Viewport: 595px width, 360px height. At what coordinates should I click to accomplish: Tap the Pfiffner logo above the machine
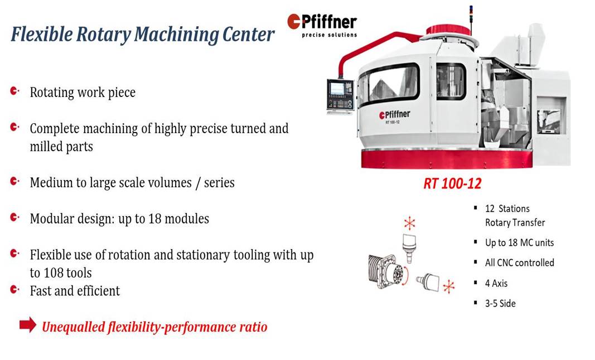[322, 26]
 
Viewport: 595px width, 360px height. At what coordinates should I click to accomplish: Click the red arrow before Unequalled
[28, 325]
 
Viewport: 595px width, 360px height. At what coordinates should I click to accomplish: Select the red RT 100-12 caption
[452, 183]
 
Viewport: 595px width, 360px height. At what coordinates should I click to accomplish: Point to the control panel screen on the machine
[337, 89]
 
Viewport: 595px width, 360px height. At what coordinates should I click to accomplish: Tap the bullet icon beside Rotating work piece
[14, 91]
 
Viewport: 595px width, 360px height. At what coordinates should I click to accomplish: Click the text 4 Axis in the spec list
[496, 283]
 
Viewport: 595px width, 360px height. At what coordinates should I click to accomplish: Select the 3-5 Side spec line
[500, 304]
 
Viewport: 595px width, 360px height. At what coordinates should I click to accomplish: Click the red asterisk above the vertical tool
[409, 223]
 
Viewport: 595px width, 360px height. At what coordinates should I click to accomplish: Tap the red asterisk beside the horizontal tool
[449, 286]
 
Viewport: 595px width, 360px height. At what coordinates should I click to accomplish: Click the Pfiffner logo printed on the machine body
[395, 115]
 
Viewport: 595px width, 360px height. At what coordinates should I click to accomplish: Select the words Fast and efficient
[75, 291]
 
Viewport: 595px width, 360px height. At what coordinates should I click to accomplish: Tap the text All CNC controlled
[520, 263]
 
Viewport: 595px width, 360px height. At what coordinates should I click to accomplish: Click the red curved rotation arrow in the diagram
[405, 276]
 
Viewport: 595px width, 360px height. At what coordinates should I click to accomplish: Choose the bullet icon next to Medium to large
[14, 181]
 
